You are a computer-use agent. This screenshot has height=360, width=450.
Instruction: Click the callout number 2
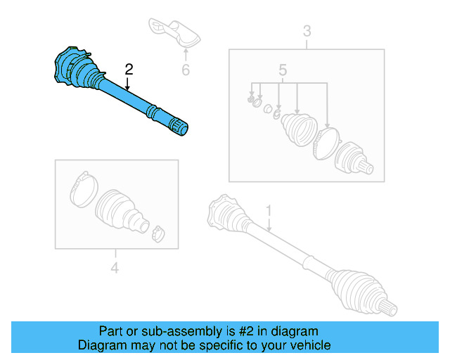coord(129,69)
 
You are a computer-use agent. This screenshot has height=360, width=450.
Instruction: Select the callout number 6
coord(186,70)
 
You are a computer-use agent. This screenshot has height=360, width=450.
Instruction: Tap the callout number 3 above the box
coord(307,31)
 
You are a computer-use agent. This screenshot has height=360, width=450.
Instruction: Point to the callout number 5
coord(283,70)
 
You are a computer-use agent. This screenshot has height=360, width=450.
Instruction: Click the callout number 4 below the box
coord(115,267)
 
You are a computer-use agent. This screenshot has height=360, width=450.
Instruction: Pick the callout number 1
coord(268,210)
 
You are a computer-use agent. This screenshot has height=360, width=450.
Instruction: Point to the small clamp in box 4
coord(158,233)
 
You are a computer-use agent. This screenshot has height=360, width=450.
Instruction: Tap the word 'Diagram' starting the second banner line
coord(101,345)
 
